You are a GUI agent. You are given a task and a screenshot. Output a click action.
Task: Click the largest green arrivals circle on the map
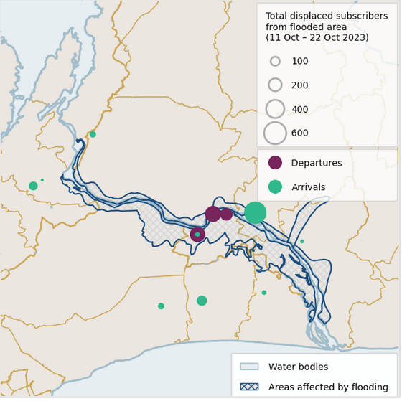tap(255, 212)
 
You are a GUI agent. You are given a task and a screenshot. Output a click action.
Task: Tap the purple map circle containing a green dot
tap(197, 234)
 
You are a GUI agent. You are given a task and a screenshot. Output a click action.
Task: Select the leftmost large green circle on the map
tap(33, 186)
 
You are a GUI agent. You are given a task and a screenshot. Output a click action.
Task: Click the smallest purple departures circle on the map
tap(226, 214)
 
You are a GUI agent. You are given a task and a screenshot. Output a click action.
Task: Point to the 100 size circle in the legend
tap(275, 61)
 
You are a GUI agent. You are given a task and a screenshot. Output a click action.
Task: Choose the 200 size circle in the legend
tap(275, 85)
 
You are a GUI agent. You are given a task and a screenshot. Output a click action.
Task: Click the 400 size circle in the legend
tap(275, 109)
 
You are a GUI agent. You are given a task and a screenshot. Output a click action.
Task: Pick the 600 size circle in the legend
tap(275, 133)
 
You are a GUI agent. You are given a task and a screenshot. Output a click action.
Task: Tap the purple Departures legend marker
tap(275, 163)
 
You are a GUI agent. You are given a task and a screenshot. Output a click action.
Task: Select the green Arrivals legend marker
tap(275, 187)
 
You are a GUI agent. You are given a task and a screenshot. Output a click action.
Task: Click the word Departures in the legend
tap(317, 163)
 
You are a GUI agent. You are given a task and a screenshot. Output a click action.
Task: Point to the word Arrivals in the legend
tap(308, 187)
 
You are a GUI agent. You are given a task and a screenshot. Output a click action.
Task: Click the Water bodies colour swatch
tap(249, 367)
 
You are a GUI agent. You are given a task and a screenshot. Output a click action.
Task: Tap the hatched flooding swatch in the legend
tap(249, 387)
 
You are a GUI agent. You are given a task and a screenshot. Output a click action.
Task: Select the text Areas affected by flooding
tap(328, 387)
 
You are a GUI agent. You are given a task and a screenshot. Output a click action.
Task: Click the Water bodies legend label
tap(298, 367)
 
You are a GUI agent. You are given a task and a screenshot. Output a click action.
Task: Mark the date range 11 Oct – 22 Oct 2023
tap(317, 37)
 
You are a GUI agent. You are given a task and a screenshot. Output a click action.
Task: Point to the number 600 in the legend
tap(300, 133)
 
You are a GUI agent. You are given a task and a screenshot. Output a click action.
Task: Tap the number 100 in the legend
tap(300, 61)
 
